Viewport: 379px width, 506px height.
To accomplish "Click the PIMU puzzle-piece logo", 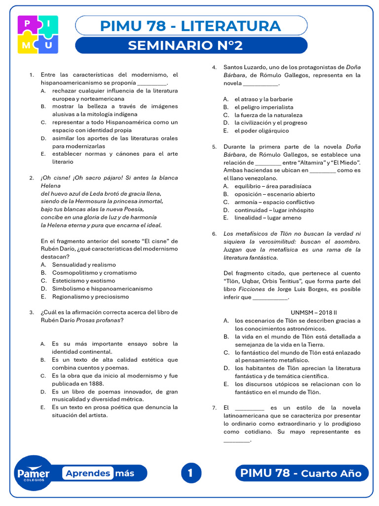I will [38, 34].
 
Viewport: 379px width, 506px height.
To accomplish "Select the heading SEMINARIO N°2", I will [185, 45].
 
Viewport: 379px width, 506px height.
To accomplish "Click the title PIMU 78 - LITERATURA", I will [190, 26].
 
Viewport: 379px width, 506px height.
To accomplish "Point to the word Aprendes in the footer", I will [88, 473].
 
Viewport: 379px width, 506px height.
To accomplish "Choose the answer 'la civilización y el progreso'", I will [270, 123].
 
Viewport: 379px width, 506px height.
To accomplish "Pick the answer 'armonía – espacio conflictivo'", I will [274, 202].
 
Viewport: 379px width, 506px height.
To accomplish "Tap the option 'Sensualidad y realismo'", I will [84, 265].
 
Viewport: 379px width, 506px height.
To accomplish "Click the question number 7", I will [214, 408].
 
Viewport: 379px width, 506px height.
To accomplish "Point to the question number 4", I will [214, 67].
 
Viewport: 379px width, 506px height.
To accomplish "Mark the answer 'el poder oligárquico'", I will [262, 130].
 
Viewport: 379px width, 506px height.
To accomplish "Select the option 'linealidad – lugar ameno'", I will [267, 218].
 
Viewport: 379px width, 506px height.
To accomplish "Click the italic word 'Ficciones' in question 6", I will [248, 289].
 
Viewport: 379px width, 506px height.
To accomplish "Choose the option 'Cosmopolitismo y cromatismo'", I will [94, 273].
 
